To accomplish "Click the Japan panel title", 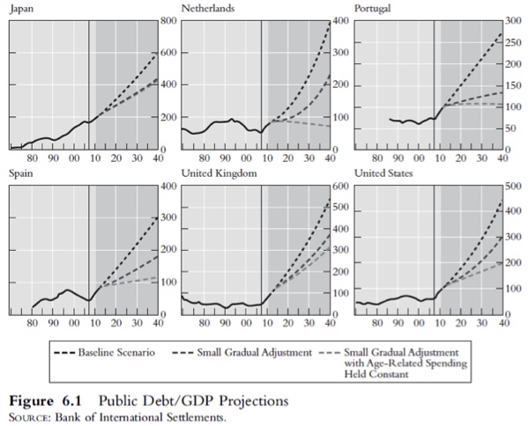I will click(20, 8).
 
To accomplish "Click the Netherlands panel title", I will click(208, 8).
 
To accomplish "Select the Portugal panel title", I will click(374, 8).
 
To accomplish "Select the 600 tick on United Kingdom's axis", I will click(340, 187).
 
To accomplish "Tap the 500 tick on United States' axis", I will click(512, 187).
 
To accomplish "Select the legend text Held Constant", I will click(376, 374).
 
